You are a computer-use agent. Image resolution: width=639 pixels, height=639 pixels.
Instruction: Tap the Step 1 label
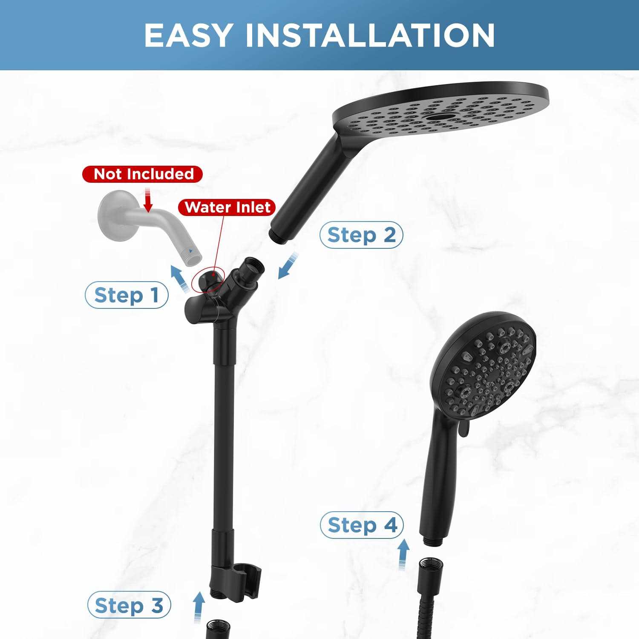pyautogui.click(x=127, y=295)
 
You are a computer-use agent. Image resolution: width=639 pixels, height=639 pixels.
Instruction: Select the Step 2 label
pyautogui.click(x=361, y=235)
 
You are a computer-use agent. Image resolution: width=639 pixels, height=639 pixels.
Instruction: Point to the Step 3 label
pyautogui.click(x=129, y=605)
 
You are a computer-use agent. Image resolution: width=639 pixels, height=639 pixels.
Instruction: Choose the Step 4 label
pyautogui.click(x=362, y=525)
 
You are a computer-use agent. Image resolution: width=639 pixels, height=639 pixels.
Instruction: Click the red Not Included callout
pyautogui.click(x=143, y=174)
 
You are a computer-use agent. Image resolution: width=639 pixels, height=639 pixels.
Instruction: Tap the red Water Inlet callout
pyautogui.click(x=227, y=207)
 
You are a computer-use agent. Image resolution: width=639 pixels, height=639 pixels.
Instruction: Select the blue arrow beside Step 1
pyautogui.click(x=180, y=278)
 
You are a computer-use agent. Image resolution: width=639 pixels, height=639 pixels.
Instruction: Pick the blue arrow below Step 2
pyautogui.click(x=288, y=265)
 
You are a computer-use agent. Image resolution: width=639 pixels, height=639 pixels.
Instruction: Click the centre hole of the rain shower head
pyautogui.click(x=441, y=116)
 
